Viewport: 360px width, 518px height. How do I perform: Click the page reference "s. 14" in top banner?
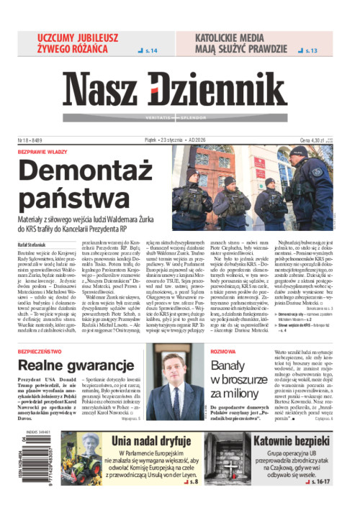click(152, 51)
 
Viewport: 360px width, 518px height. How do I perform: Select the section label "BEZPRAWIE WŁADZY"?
click(42, 152)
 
